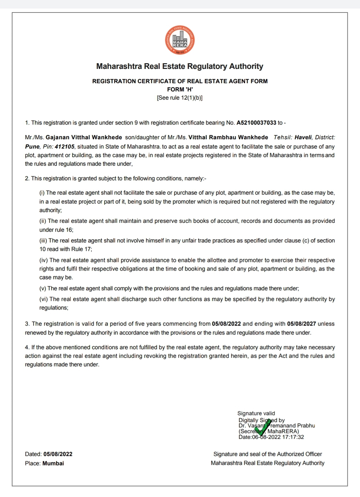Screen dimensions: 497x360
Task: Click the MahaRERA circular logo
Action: pos(180,40)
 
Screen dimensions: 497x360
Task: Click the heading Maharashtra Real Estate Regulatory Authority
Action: pos(180,66)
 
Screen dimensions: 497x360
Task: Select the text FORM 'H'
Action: pos(180,90)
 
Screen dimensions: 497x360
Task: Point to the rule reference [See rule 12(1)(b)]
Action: pos(180,98)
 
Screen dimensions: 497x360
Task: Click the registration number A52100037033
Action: pos(256,123)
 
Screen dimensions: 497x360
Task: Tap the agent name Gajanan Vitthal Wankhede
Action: pos(84,137)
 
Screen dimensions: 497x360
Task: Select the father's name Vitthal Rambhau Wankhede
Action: pos(228,137)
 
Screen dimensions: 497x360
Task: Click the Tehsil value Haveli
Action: pos(303,137)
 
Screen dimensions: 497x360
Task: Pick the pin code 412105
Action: pos(65,147)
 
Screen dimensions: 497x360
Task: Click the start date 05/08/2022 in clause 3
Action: pos(226,324)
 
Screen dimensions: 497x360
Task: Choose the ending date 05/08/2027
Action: pos(301,324)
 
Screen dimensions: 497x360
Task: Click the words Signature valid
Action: pos(256,413)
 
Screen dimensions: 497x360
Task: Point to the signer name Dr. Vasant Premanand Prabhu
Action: pos(277,426)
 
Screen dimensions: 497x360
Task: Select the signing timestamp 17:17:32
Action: pos(293,437)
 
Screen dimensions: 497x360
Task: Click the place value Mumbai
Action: pos(53,463)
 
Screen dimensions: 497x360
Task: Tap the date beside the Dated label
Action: pos(58,454)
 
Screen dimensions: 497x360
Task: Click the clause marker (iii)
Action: pos(43,241)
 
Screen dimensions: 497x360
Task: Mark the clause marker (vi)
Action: pos(44,299)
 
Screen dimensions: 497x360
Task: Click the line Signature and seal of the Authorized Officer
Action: pos(267,454)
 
